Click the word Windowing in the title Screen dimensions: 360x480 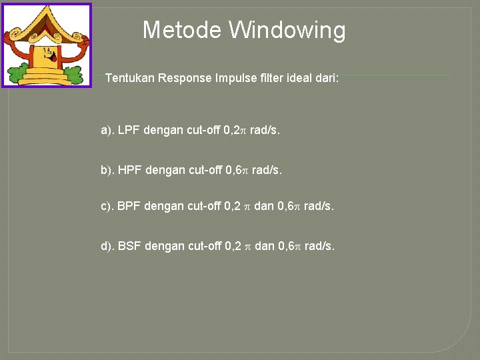click(287, 30)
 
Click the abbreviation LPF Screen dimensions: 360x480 click(129, 130)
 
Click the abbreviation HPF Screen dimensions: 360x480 click(130, 170)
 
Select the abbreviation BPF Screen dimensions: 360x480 click(129, 206)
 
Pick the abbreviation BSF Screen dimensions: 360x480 click(130, 246)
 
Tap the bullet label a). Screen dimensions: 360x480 click(107, 130)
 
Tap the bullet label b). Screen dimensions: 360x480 click(107, 170)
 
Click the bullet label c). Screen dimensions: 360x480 click(107, 206)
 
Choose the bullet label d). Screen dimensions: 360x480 click(107, 246)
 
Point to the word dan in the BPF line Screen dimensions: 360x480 click(264, 206)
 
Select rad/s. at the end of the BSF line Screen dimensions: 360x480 click(320, 246)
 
